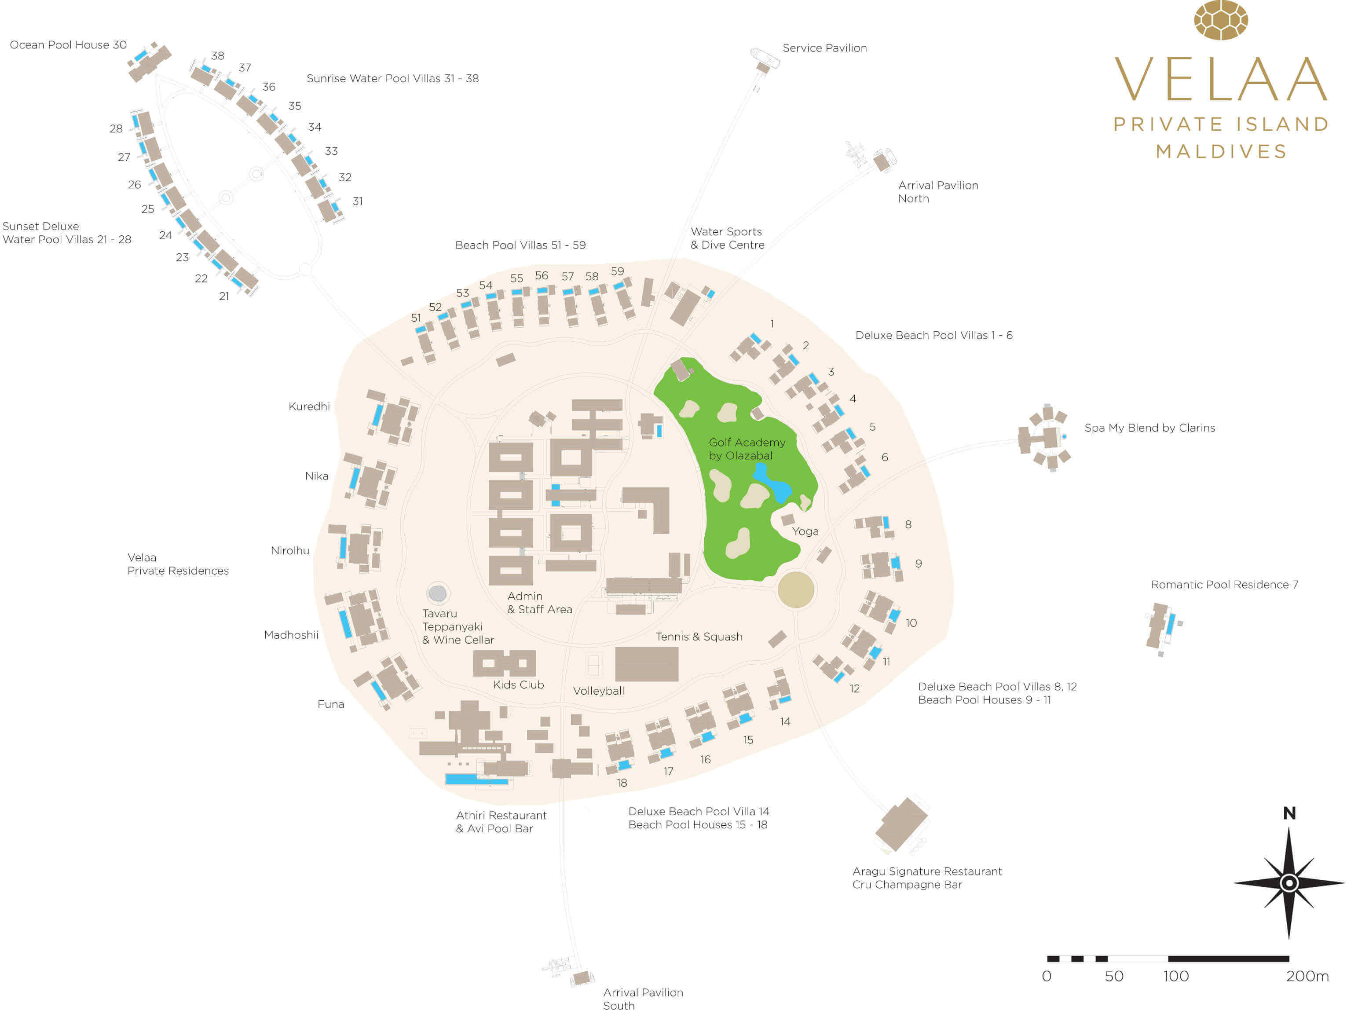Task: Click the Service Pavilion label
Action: click(x=824, y=48)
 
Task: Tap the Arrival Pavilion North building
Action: click(x=882, y=161)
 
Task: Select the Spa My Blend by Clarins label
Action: click(x=1149, y=428)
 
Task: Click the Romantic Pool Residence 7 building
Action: click(x=1162, y=627)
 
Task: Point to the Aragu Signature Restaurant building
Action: click(x=901, y=824)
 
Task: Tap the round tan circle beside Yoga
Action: click(x=796, y=589)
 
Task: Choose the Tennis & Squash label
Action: click(x=699, y=637)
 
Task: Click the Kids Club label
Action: click(x=518, y=685)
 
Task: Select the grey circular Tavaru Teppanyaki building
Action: click(x=437, y=593)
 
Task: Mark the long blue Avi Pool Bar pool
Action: click(x=477, y=780)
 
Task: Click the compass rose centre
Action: click(x=1289, y=883)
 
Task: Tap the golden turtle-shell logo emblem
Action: click(x=1221, y=20)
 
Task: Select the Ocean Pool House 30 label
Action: click(x=68, y=45)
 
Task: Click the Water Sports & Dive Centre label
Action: click(x=727, y=238)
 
